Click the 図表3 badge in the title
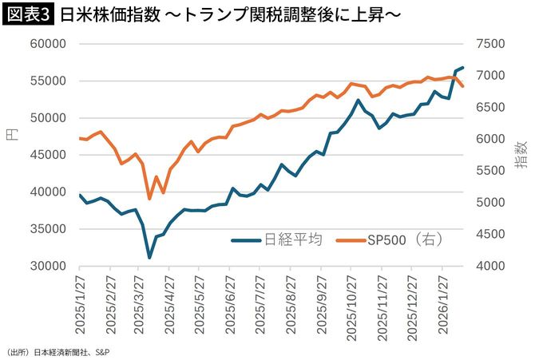click(x=29, y=14)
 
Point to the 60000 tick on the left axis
click(x=48, y=44)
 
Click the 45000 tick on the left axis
click(x=48, y=155)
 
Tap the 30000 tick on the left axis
click(x=48, y=266)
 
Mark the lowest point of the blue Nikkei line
click(x=149, y=258)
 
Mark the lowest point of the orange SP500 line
click(x=149, y=199)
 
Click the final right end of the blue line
click(x=463, y=68)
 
